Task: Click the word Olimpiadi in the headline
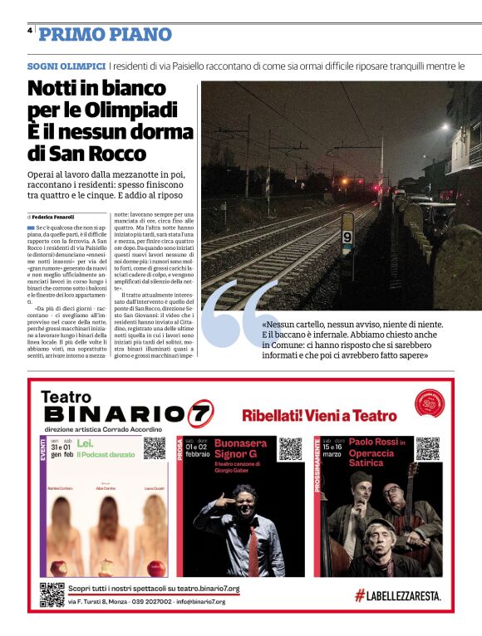pyautogui.click(x=134, y=110)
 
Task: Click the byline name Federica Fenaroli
pyautogui.click(x=57, y=216)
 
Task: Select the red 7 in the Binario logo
pyautogui.click(x=200, y=413)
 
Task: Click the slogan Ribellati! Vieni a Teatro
pyautogui.click(x=319, y=414)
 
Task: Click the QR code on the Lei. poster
pyautogui.click(x=155, y=448)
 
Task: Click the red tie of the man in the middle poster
pyautogui.click(x=252, y=539)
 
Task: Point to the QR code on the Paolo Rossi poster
pyautogui.click(x=427, y=448)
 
